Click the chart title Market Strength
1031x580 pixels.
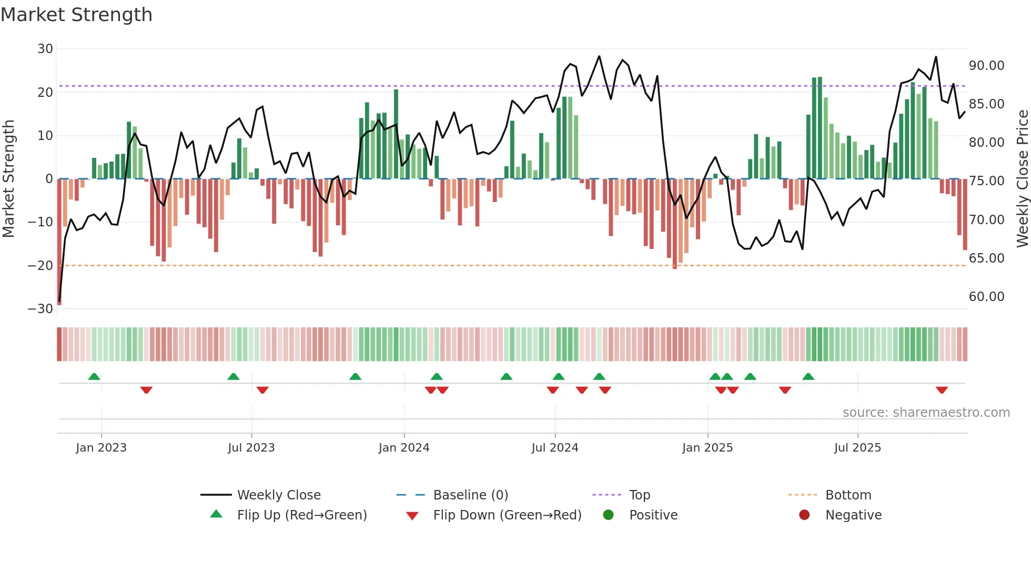(76, 15)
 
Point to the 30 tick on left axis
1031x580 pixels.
(45, 49)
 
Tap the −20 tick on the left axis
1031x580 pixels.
(41, 266)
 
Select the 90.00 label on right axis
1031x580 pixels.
(986, 66)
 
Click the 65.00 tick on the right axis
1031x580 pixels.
(986, 258)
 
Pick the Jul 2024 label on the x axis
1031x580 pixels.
(554, 448)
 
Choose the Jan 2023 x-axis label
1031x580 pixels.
(101, 448)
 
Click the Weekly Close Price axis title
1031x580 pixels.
(1022, 178)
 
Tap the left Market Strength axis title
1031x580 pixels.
(9, 178)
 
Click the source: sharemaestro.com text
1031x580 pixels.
(926, 413)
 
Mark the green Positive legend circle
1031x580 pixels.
(609, 515)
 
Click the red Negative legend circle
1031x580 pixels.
(804, 515)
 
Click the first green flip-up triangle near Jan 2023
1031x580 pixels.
(94, 377)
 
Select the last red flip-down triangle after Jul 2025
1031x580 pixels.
(942, 390)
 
